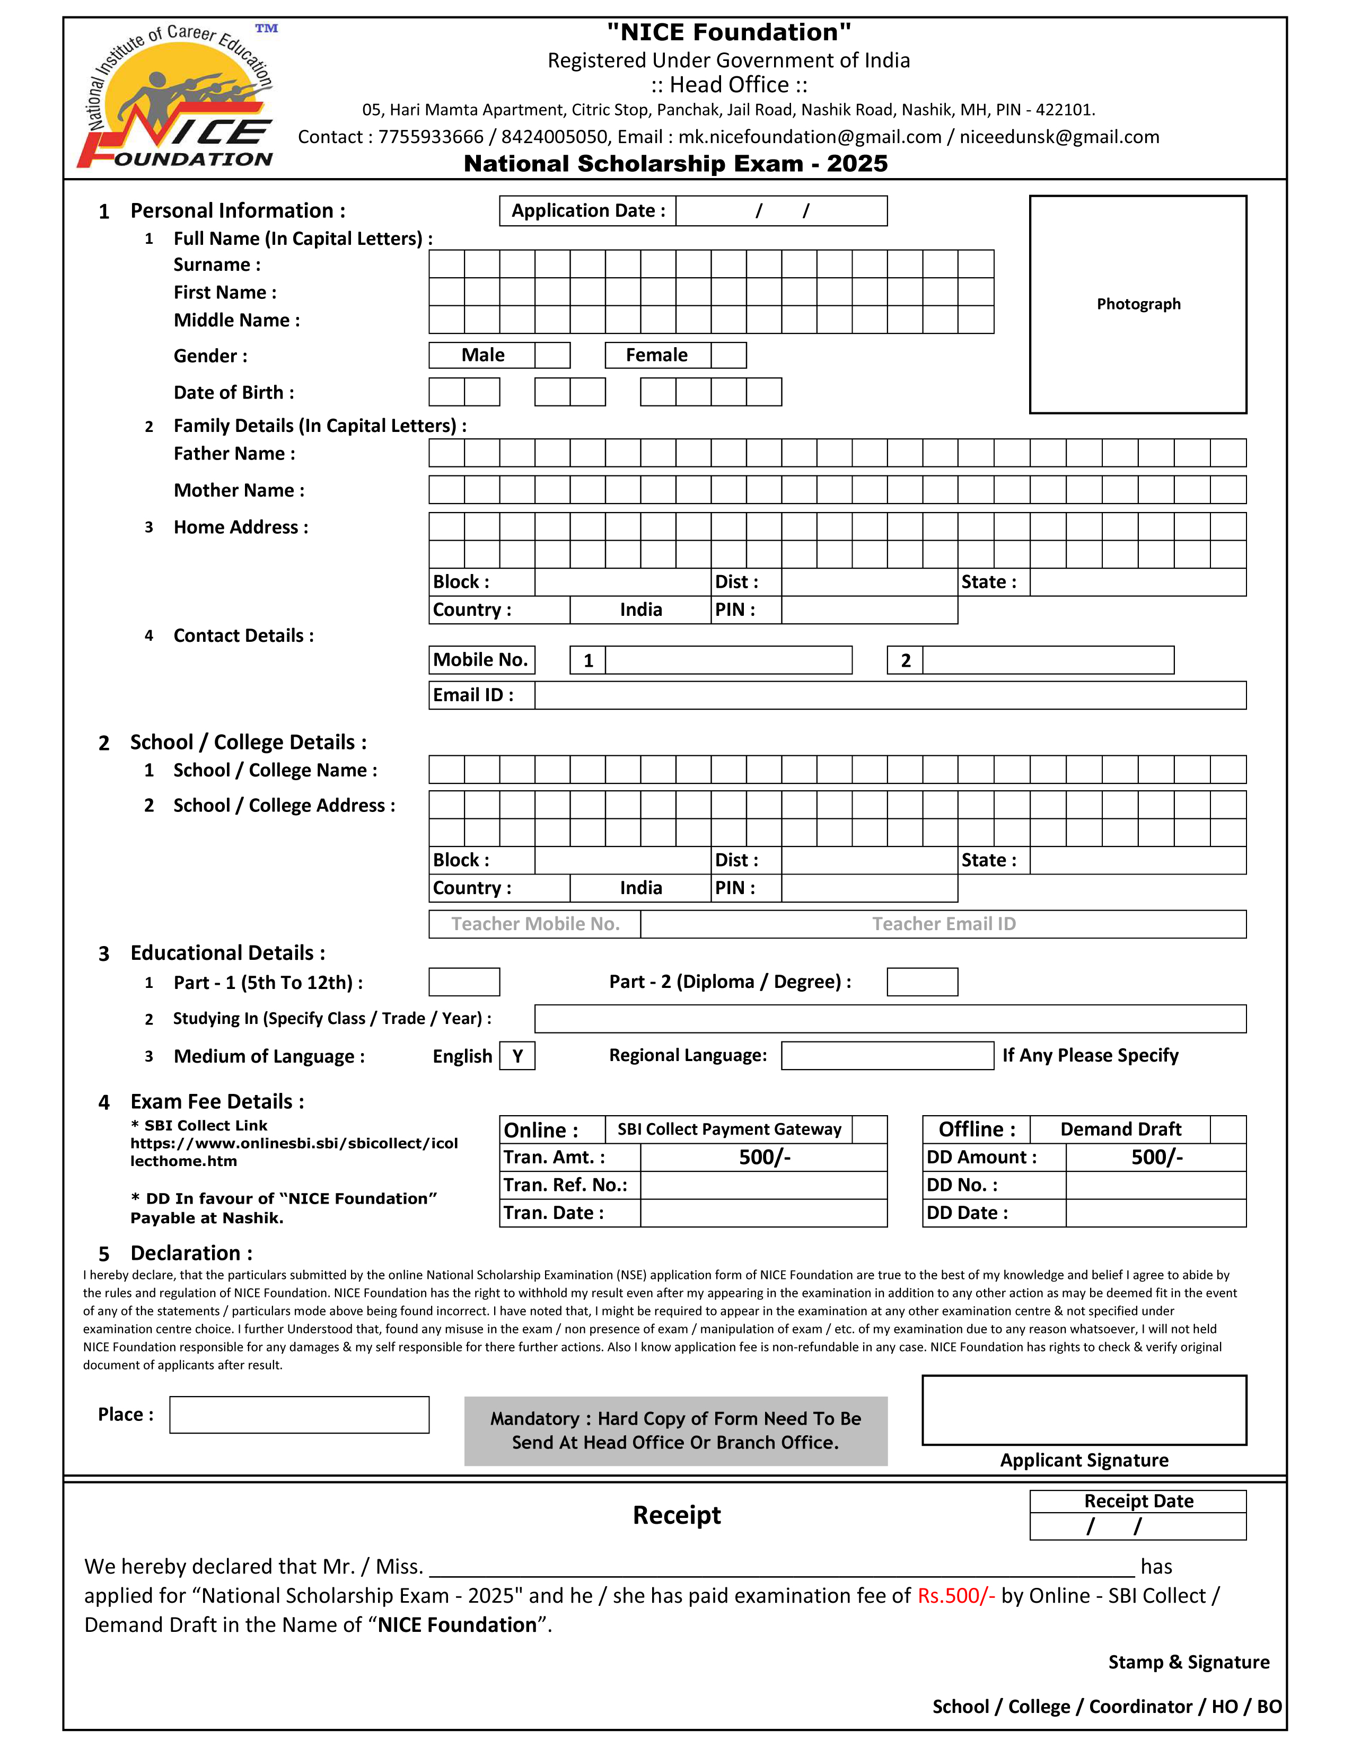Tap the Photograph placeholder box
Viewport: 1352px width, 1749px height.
click(1137, 304)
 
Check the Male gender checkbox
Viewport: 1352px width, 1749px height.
click(552, 355)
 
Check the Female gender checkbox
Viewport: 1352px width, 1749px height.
click(728, 355)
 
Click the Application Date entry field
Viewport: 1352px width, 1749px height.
click(781, 210)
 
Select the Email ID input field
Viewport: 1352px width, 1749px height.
click(890, 695)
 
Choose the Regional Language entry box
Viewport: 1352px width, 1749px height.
click(886, 1055)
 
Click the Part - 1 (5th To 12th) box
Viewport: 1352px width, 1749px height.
click(464, 982)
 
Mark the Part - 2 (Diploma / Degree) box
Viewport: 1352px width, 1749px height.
click(922, 982)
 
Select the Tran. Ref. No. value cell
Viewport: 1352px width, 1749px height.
click(763, 1185)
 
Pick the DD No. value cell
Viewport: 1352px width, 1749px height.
click(1155, 1185)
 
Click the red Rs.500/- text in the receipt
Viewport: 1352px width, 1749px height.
click(955, 1595)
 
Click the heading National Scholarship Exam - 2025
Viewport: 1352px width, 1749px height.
click(675, 163)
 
